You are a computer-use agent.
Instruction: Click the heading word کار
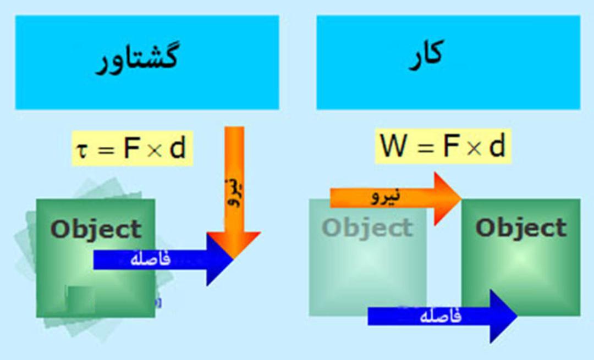427,56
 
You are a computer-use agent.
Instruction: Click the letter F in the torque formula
131,148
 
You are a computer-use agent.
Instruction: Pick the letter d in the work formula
497,145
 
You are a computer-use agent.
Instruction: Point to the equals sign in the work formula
426,147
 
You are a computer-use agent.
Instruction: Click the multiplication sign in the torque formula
155,151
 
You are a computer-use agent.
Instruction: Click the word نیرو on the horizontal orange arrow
386,196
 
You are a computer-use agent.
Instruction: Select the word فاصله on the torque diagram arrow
150,259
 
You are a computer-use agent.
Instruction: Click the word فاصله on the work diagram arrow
441,315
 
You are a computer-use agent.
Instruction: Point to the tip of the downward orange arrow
234,258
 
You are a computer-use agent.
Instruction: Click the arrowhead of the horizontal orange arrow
448,198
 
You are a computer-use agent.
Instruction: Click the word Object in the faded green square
367,228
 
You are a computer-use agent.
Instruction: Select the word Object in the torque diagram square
96,229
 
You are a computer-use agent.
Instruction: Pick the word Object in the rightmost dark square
521,228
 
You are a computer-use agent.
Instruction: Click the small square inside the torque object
81,300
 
